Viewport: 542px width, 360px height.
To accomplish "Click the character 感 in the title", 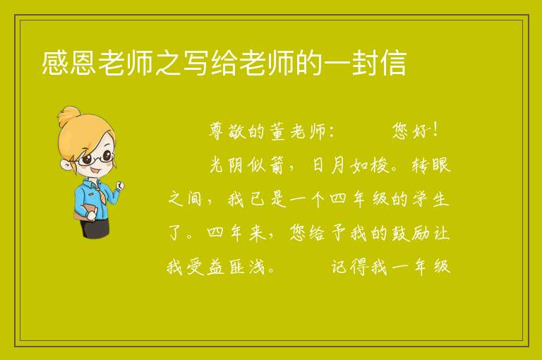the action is click(55, 63).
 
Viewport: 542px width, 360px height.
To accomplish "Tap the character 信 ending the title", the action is click(393, 63).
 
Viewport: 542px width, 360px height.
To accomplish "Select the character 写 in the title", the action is click(196, 63).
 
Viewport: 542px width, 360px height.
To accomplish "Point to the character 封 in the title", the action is click(365, 63).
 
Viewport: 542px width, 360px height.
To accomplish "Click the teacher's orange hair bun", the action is click(68, 116).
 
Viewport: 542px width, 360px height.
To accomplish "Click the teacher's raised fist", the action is click(119, 186).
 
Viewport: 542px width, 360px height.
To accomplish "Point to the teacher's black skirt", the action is click(95, 227).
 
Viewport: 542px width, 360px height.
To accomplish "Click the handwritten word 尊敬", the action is click(227, 131).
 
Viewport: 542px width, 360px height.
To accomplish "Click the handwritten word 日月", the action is click(328, 165).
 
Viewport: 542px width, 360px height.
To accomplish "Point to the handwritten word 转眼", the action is click(431, 165).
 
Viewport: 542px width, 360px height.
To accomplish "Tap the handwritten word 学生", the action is click(431, 199).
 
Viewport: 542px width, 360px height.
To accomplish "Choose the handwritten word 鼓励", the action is click(410, 233).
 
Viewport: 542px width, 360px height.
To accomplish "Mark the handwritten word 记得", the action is click(349, 267).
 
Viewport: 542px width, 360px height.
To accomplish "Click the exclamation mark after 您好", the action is click(435, 131).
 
